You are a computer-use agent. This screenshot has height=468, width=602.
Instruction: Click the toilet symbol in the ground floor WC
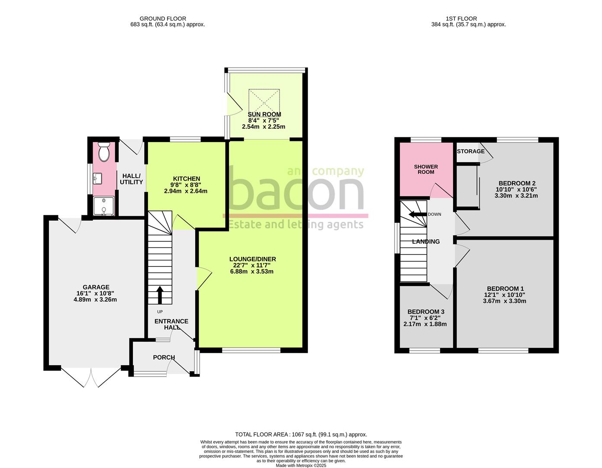coord(104,152)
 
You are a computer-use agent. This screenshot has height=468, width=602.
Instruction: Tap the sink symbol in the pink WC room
coord(97,178)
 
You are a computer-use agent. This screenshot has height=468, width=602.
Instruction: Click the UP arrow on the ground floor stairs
coord(160,295)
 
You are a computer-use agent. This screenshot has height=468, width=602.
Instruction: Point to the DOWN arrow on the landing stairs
coord(417,214)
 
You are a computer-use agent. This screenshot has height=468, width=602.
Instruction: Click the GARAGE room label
coord(96,287)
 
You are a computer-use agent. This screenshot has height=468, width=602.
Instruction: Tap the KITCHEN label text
coord(187,179)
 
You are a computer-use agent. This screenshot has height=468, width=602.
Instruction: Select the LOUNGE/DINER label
coord(252,259)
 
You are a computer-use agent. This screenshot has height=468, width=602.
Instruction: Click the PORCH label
coord(164,357)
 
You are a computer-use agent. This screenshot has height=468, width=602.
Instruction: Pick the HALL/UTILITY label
coord(131,179)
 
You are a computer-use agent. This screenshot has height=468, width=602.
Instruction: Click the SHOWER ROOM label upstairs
coord(426,169)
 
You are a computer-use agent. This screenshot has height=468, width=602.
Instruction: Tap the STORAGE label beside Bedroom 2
coord(471,151)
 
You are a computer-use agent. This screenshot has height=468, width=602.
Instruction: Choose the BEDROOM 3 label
coord(426,312)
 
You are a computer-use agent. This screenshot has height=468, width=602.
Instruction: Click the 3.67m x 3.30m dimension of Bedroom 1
coord(505,301)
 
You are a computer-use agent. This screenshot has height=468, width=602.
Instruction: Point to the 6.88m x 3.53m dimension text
coord(252,272)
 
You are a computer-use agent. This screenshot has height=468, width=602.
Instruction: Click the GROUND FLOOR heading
coord(163,19)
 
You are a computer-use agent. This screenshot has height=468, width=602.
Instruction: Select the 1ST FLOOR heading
coord(461,19)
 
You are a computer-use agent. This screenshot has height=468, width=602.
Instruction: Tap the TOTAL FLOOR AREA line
coord(301,434)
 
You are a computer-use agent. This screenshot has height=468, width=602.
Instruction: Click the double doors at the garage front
coord(91,377)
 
